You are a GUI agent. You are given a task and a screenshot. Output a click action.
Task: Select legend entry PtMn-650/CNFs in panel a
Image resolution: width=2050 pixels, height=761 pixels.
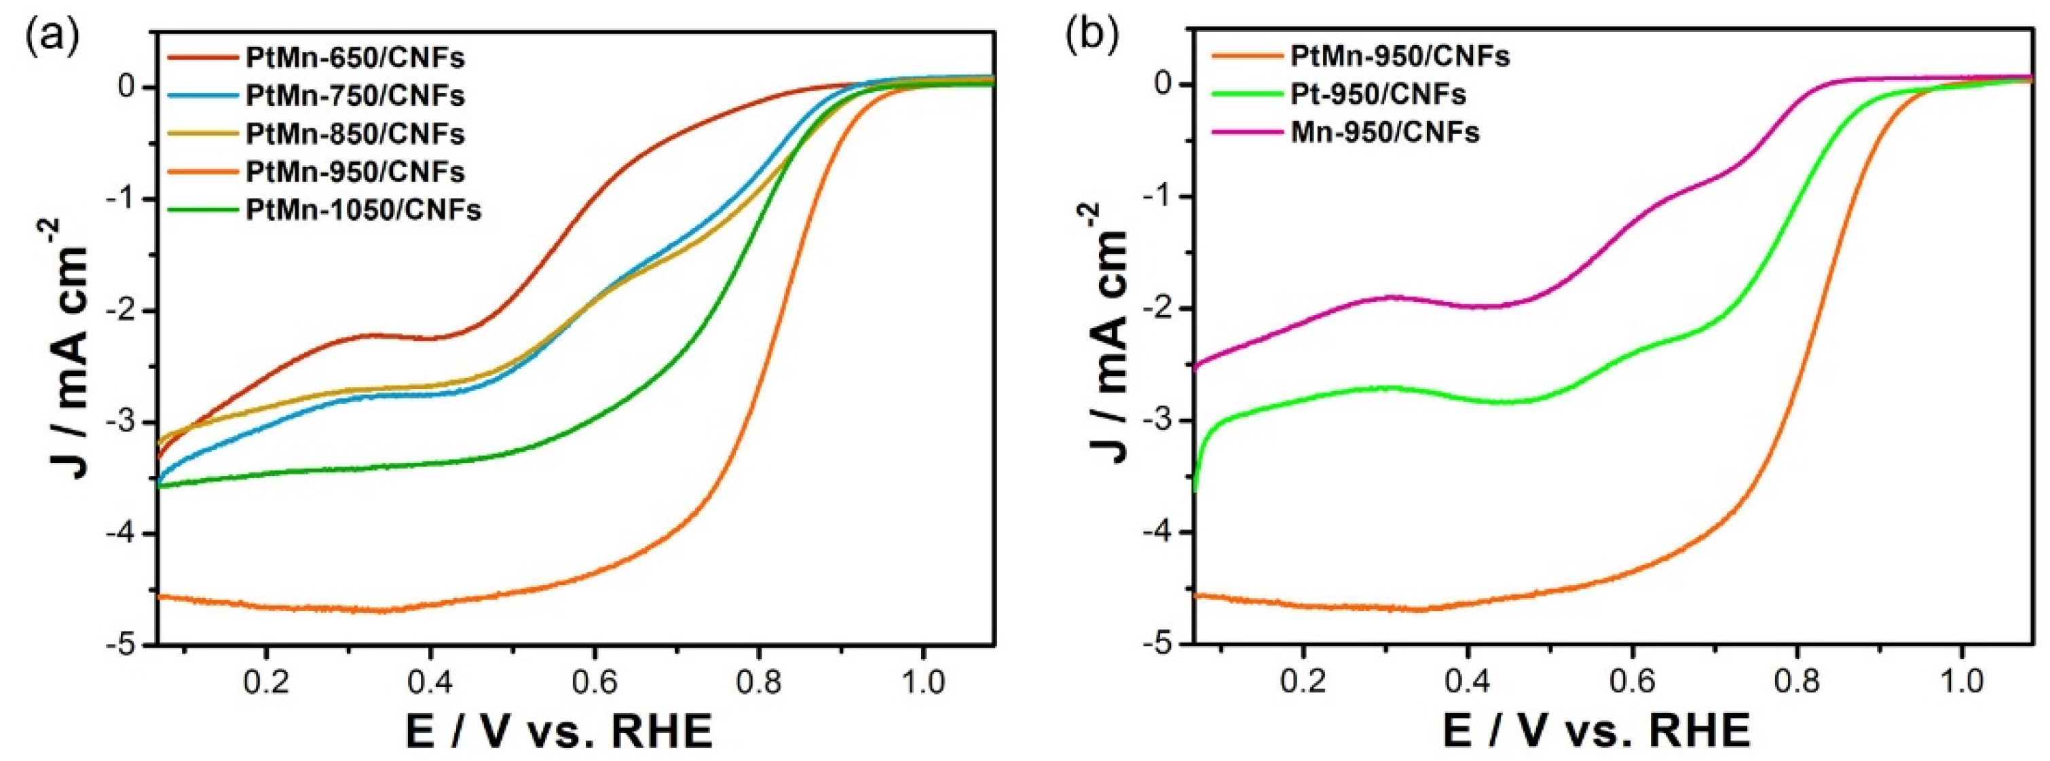pyautogui.click(x=355, y=58)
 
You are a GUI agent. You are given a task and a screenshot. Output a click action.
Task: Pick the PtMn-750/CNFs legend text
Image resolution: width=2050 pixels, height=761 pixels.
pyautogui.click(x=355, y=96)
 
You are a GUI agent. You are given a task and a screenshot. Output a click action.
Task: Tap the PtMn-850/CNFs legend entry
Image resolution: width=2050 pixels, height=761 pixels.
pyautogui.click(x=355, y=134)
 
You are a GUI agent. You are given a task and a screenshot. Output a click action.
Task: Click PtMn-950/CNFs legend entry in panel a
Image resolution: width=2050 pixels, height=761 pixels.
pyautogui.click(x=355, y=172)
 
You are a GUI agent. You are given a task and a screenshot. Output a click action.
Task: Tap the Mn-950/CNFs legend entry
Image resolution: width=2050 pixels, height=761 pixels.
pyautogui.click(x=1385, y=132)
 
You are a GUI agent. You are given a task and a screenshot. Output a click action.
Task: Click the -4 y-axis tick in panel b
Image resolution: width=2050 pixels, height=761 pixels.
pyautogui.click(x=1160, y=532)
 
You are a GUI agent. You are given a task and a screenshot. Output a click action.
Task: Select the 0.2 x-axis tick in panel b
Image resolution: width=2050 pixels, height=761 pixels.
pyautogui.click(x=1303, y=683)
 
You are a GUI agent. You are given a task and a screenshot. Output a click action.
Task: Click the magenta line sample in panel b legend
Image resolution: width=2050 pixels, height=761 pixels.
pyautogui.click(x=1245, y=132)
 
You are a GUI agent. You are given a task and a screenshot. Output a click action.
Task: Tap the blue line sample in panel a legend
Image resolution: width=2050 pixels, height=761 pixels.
pyautogui.click(x=202, y=96)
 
